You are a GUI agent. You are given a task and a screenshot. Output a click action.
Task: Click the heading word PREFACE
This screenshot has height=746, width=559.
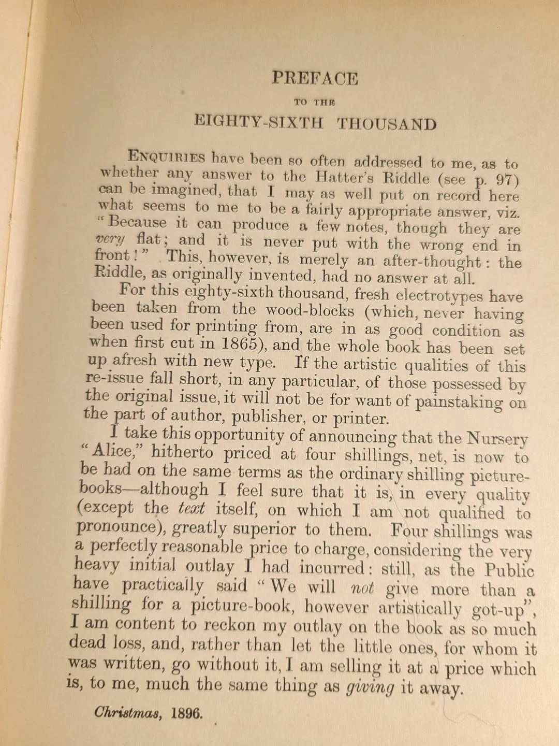click(315, 78)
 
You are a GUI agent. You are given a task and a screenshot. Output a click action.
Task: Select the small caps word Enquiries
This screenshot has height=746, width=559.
click(166, 157)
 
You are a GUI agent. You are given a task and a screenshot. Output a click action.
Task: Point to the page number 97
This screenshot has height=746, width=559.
click(507, 181)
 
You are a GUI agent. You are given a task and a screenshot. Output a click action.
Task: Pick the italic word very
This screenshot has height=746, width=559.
click(110, 239)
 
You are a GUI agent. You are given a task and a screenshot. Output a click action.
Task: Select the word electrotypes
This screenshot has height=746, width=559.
click(439, 296)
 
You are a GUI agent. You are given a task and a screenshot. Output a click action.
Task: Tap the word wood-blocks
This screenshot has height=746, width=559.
click(310, 311)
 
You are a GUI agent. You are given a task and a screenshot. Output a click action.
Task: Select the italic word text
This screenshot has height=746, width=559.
click(191, 508)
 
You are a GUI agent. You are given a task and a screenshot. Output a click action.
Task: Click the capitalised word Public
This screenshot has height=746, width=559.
click(509, 570)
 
